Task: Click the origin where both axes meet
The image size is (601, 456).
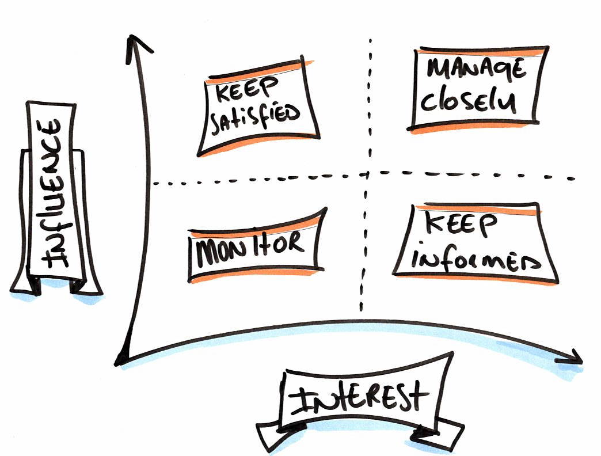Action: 121,361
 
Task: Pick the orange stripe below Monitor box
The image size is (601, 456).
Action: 253,276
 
